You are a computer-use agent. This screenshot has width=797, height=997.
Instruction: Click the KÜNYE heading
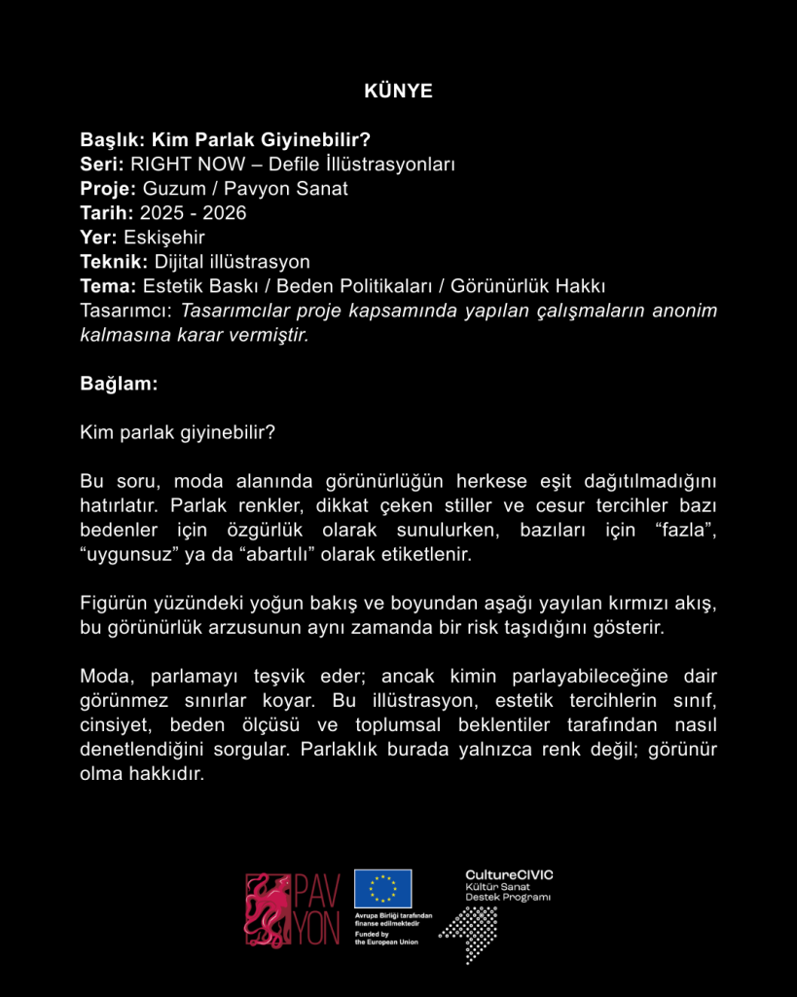pyautogui.click(x=398, y=92)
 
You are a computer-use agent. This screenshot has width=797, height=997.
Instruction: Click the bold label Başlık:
pyautogui.click(x=113, y=139)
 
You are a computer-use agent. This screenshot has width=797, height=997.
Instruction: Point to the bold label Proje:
pyautogui.click(x=108, y=188)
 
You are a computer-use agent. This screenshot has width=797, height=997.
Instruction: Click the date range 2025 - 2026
pyautogui.click(x=193, y=212)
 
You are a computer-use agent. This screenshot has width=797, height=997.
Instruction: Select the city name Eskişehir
pyautogui.click(x=164, y=237)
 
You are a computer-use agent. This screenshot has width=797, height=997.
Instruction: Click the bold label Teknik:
pyautogui.click(x=114, y=261)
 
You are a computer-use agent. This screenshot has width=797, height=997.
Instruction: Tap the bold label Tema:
pyautogui.click(x=108, y=285)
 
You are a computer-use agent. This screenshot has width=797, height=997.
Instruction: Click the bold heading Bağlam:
pyautogui.click(x=119, y=384)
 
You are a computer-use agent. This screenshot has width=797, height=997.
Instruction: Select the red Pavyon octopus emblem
pyautogui.click(x=268, y=909)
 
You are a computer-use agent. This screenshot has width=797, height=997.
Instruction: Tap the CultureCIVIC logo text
pyautogui.click(x=509, y=875)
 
